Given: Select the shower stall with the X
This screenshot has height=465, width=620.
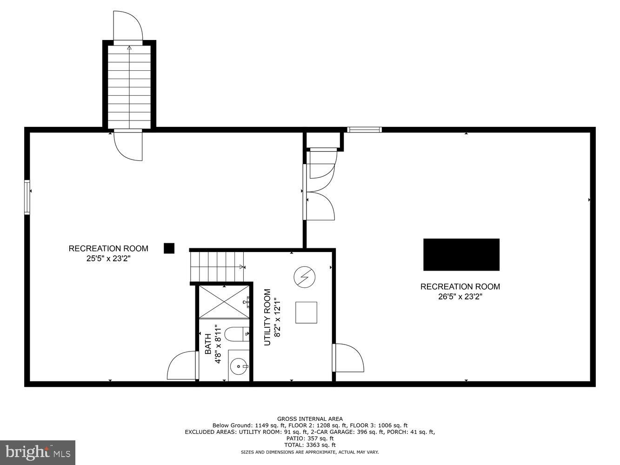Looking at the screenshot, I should coord(224,302).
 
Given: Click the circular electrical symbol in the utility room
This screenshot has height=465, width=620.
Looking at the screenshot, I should coord(304,277).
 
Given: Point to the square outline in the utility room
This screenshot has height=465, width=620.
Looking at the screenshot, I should coord(306,312).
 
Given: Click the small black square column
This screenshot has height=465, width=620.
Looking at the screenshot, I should coord(169,248).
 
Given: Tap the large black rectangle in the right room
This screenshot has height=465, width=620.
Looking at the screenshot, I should coord(461,254).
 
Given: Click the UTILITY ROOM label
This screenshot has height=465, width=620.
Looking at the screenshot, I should coord(267,317).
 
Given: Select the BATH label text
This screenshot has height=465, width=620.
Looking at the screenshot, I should coord(208,344).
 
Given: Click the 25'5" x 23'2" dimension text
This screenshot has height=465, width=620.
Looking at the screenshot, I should coord(108,259).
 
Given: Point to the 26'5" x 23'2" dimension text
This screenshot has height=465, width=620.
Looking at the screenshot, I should coord(460,297).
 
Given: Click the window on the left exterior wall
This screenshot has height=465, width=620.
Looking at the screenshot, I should coord(27,197).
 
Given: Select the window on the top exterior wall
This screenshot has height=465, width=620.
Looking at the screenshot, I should coord(365,130).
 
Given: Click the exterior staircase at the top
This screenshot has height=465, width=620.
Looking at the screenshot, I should coord(129,86).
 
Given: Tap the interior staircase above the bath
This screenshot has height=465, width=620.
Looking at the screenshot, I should coord(217,266).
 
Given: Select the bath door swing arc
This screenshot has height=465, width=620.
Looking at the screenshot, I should coord(181,365).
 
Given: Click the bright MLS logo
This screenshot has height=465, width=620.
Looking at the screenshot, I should coord(38,452).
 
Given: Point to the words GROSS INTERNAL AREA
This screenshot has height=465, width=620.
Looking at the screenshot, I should coord(310,419).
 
